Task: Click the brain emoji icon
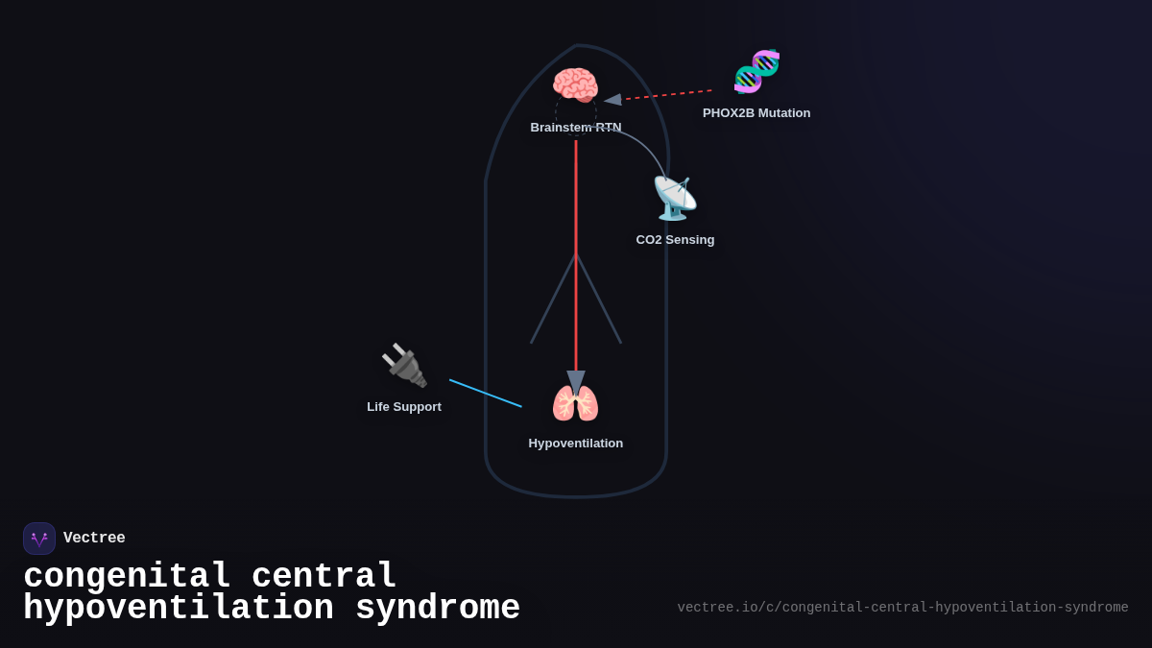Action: pos(575,85)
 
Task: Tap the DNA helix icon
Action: pos(756,71)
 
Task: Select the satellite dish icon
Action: pos(675,199)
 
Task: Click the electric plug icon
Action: pos(404,365)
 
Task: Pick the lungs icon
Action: pos(575,403)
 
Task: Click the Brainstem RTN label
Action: pos(575,128)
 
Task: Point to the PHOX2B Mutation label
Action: pos(756,113)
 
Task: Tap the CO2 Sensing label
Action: pos(675,240)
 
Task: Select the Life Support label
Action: pos(404,407)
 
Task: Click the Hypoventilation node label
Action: pos(575,444)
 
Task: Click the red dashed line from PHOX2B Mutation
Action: pos(669,95)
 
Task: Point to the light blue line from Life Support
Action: pos(486,394)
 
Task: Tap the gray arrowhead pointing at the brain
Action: pos(612,99)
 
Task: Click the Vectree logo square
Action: pos(39,539)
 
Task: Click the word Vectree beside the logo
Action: pos(94,539)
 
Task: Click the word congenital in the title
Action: pos(127,577)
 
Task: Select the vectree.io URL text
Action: pos(902,608)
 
